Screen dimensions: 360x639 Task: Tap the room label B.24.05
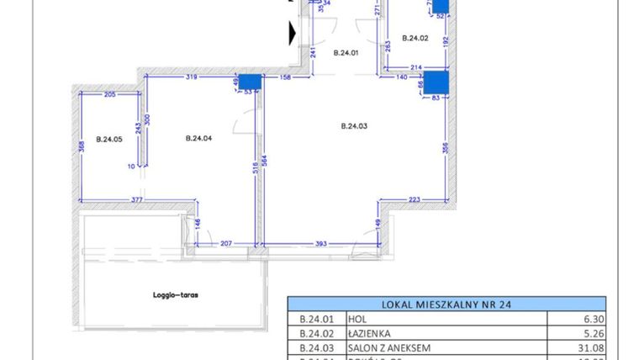click(109, 140)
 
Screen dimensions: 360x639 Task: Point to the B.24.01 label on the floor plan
click(346, 53)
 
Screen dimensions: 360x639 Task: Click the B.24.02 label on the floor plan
click(415, 38)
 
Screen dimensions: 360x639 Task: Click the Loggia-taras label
click(169, 296)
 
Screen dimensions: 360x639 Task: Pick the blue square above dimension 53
click(250, 82)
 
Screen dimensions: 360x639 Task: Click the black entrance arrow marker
click(292, 33)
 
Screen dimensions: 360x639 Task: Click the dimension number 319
click(192, 77)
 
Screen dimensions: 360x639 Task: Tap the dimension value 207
click(225, 244)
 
